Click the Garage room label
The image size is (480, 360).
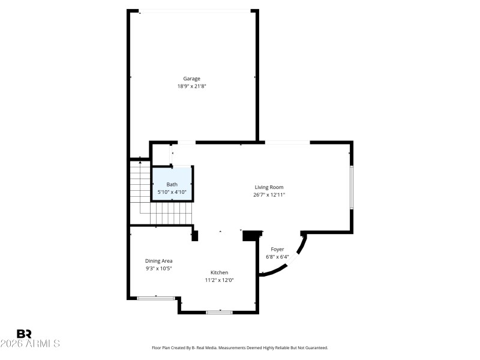click(192, 79)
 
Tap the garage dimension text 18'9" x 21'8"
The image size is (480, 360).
click(192, 86)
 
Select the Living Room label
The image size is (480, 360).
click(269, 187)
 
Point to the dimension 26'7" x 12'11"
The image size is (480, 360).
click(269, 195)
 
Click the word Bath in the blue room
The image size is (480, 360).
click(172, 185)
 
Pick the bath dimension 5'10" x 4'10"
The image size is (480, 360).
click(172, 192)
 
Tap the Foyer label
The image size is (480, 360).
click(277, 249)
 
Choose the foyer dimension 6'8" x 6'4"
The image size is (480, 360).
click(277, 257)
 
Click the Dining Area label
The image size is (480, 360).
click(159, 261)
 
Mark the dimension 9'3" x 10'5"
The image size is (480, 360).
click(159, 269)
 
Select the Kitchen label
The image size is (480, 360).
click(219, 272)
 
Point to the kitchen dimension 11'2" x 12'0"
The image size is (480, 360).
click(219, 280)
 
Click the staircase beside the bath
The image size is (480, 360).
click(141, 192)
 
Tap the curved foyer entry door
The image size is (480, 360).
click(288, 264)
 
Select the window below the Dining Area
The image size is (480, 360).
click(155, 298)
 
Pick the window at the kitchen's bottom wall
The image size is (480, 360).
click(219, 312)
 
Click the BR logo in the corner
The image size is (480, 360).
click(25, 334)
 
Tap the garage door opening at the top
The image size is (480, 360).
click(194, 10)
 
